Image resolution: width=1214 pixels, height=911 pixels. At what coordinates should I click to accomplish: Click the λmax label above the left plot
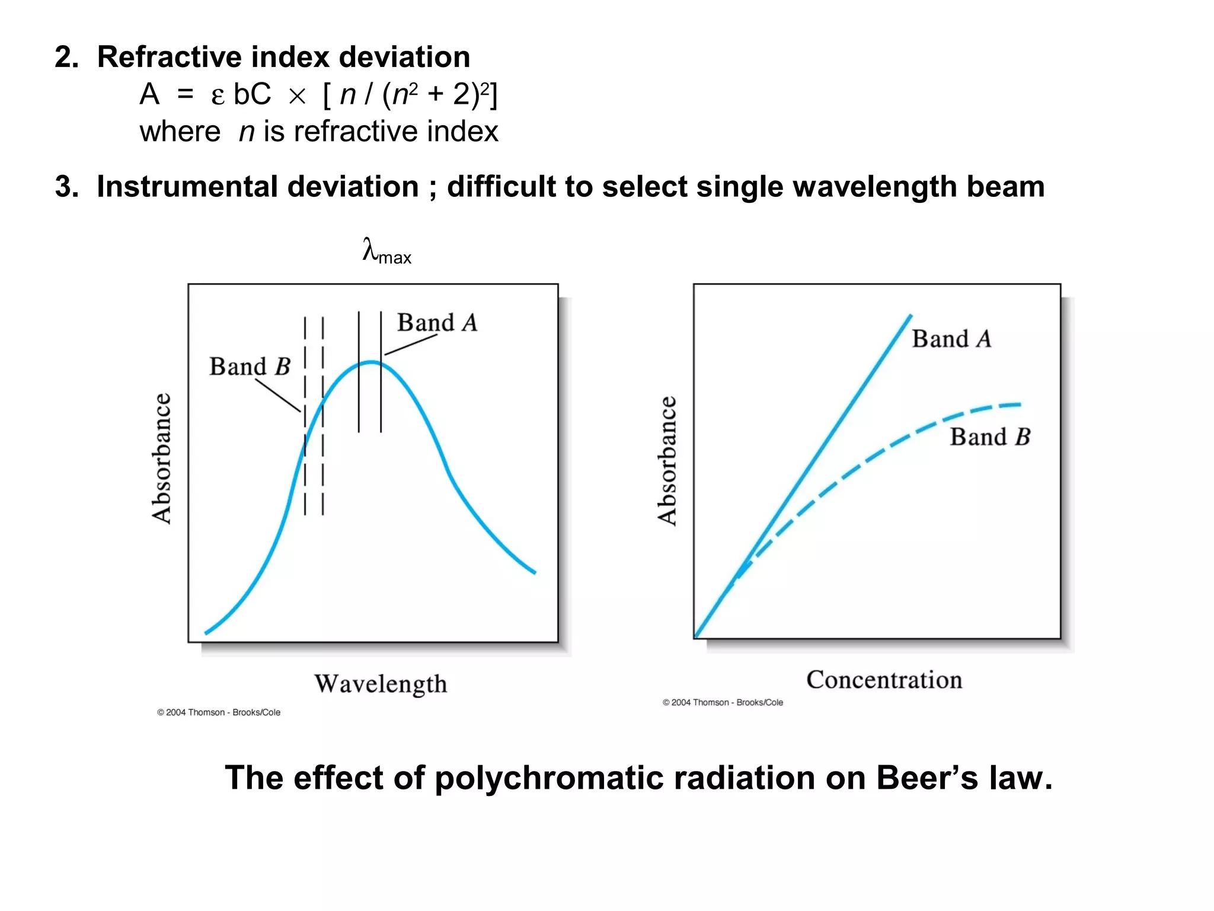click(x=386, y=251)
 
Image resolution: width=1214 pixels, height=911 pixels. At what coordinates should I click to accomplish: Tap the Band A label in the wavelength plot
click(x=437, y=323)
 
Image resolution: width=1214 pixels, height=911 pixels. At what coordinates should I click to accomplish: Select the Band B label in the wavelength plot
click(x=250, y=367)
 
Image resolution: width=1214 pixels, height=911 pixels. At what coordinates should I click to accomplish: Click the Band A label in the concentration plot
click(x=951, y=339)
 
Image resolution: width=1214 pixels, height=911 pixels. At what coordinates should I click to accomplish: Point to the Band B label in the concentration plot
click(x=990, y=437)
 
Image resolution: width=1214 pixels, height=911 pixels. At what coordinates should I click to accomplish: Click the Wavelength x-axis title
click(x=381, y=684)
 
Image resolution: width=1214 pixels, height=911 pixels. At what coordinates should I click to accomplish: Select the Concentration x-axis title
click(x=884, y=680)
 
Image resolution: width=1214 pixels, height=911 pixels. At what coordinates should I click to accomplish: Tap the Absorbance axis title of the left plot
click(x=161, y=458)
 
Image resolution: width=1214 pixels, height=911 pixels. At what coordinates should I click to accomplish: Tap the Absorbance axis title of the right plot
click(x=667, y=461)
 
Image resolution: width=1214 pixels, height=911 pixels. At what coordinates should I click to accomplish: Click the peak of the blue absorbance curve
click(x=370, y=362)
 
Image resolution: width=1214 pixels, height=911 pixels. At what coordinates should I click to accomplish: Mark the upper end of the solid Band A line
click(x=911, y=316)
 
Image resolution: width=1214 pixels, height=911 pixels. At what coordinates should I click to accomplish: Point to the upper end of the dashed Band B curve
click(x=1020, y=405)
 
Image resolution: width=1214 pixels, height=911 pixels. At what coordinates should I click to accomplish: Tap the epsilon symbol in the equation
click(x=218, y=96)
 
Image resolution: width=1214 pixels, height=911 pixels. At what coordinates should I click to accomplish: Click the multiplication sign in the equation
click(x=297, y=96)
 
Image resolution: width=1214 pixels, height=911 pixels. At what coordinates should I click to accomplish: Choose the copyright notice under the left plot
click(x=219, y=712)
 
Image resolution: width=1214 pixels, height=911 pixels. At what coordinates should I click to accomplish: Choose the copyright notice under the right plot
click(x=723, y=702)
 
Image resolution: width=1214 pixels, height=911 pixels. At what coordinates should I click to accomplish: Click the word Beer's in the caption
click(x=927, y=778)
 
